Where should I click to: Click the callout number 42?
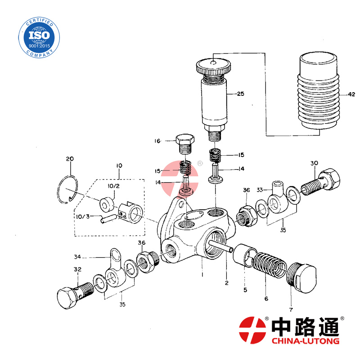pos(351,94)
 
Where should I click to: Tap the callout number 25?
pos(241,94)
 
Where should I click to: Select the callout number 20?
pos(70,159)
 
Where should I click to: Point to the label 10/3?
pos(83,216)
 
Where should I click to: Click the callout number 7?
pos(291,310)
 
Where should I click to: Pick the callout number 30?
pos(314,163)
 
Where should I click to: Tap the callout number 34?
pos(77,257)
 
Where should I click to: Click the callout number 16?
pos(157,141)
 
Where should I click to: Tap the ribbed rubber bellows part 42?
pos(319,90)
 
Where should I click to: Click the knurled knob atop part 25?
pos(213,67)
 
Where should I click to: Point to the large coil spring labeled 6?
pos(269,265)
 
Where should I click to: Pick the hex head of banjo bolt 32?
pos(67,298)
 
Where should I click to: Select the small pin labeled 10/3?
pos(108,219)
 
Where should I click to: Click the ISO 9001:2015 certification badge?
pos(39,37)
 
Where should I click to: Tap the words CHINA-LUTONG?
pos(306,341)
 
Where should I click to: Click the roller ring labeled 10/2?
pos(106,204)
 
